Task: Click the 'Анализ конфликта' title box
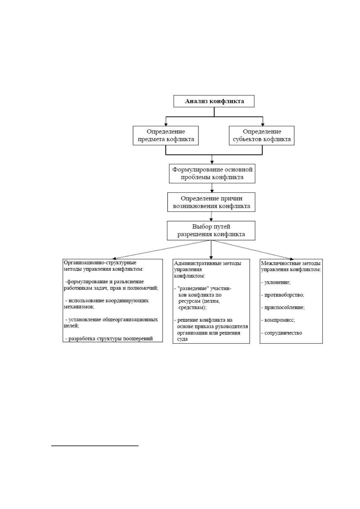(x=214, y=101)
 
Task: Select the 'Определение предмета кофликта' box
(x=166, y=135)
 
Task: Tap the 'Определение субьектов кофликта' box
(x=261, y=135)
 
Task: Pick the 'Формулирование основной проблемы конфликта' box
(x=212, y=173)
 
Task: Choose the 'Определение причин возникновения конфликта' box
(x=211, y=202)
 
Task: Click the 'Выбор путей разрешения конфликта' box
(x=211, y=230)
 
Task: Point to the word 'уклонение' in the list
(x=277, y=282)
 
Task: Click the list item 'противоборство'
(x=284, y=295)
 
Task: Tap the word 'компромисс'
(x=279, y=320)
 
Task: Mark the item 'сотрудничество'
(x=283, y=333)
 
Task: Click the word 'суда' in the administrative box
(x=182, y=339)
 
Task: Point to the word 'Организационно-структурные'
(x=100, y=263)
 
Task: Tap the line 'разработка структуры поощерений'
(x=111, y=339)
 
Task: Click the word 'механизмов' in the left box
(x=78, y=307)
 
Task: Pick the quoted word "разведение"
(x=193, y=289)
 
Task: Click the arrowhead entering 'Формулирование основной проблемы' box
(x=212, y=162)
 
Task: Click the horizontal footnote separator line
(x=95, y=446)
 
